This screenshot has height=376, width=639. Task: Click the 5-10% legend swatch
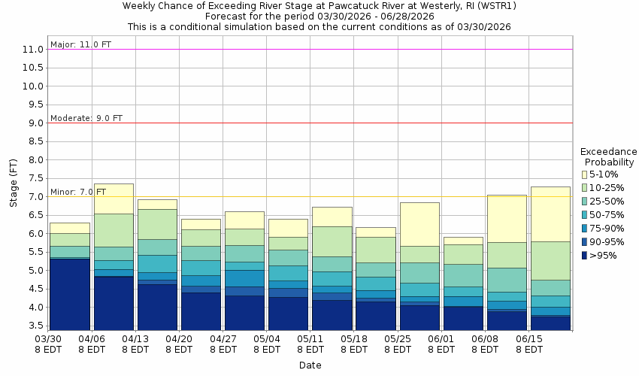coord(585,174)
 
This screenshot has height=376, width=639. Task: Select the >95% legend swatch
coord(585,256)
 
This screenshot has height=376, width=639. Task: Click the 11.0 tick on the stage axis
coord(32,50)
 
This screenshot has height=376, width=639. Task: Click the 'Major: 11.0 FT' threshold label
coord(80,44)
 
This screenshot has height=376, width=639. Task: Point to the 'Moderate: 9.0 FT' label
coord(86,118)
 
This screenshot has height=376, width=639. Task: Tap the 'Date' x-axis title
coord(309,365)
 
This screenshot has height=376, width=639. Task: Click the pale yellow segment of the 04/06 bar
coord(114,199)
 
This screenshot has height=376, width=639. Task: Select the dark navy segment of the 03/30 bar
coord(70,294)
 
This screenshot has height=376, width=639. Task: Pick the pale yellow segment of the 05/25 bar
coord(419,224)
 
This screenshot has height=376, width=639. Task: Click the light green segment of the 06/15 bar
coord(550,260)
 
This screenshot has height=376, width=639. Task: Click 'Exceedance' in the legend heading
coord(609,151)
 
